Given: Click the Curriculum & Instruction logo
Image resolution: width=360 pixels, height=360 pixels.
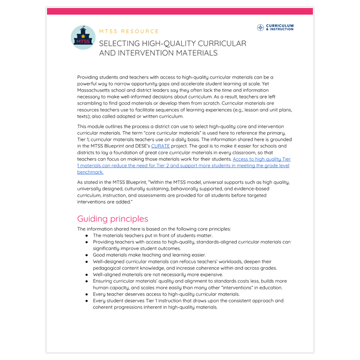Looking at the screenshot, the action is pos(275,27).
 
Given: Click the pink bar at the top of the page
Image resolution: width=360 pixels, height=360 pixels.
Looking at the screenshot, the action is pos(180,10).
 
